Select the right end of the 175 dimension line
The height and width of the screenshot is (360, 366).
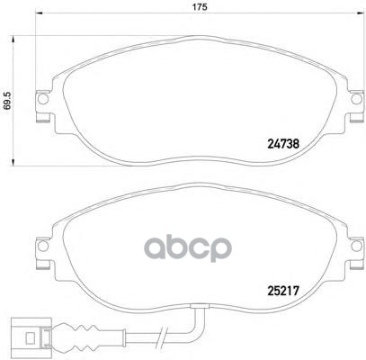pos(359,18)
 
